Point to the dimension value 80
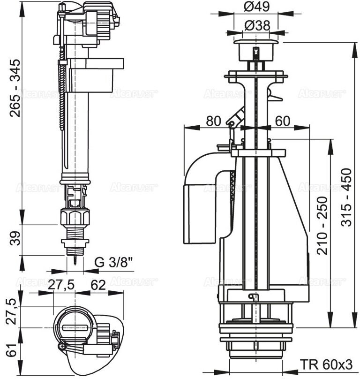pyautogui.click(x=213, y=121)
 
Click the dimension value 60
pyautogui.click(x=281, y=121)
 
